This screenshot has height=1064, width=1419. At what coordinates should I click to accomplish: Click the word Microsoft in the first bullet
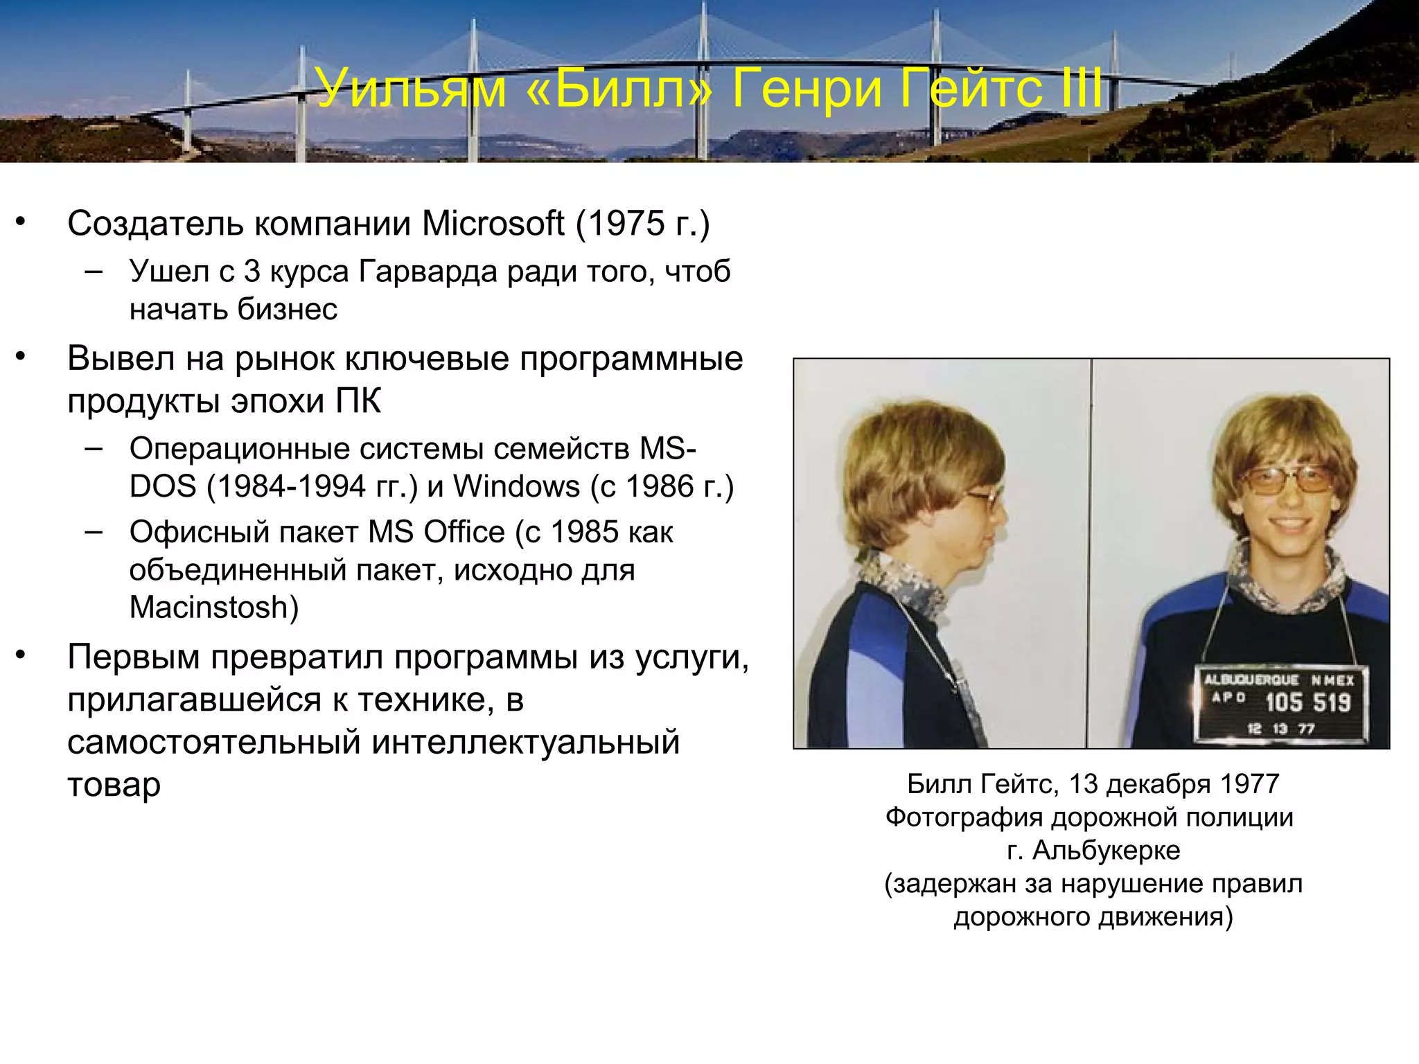click(x=493, y=224)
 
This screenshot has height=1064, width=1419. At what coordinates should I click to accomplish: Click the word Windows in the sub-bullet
click(x=516, y=486)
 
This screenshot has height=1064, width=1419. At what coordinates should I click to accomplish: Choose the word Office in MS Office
click(x=464, y=532)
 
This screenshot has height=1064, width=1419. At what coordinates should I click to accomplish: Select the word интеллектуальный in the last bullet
click(x=525, y=742)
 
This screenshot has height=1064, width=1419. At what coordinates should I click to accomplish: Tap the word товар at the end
click(x=114, y=785)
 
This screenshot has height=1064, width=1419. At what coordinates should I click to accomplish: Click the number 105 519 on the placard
click(x=1307, y=702)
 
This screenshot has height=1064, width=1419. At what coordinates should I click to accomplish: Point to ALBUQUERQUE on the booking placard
click(x=1251, y=680)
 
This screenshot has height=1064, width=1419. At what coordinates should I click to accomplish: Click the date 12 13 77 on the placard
click(x=1280, y=729)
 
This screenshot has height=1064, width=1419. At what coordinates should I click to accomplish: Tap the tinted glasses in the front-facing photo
click(x=1286, y=479)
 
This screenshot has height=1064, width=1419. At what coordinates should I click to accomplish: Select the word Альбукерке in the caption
click(x=1106, y=850)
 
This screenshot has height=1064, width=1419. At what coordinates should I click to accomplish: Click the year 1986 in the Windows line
click(x=660, y=486)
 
